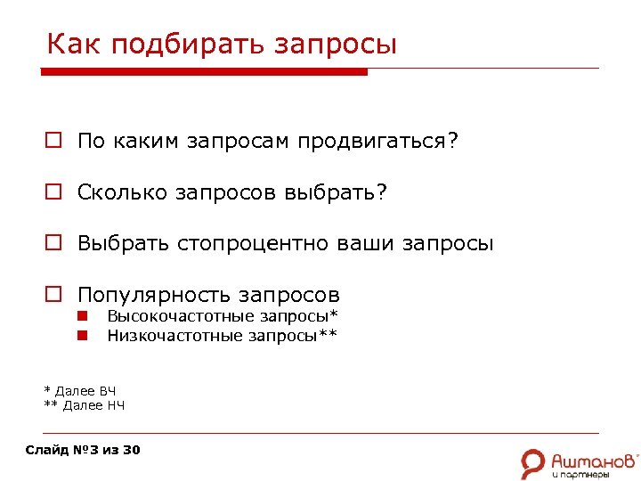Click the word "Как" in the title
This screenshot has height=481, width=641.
[x=69, y=44]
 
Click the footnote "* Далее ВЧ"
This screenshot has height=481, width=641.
[x=80, y=390]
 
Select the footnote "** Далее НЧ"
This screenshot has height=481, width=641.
[x=84, y=405]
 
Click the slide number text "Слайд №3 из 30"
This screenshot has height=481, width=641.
[x=83, y=450]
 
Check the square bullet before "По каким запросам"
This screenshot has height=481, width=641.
[x=53, y=142]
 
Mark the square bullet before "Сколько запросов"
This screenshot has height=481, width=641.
[x=53, y=192]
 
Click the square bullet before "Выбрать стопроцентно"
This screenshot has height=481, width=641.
[x=53, y=244]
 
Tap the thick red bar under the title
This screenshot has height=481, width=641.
[x=206, y=72]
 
